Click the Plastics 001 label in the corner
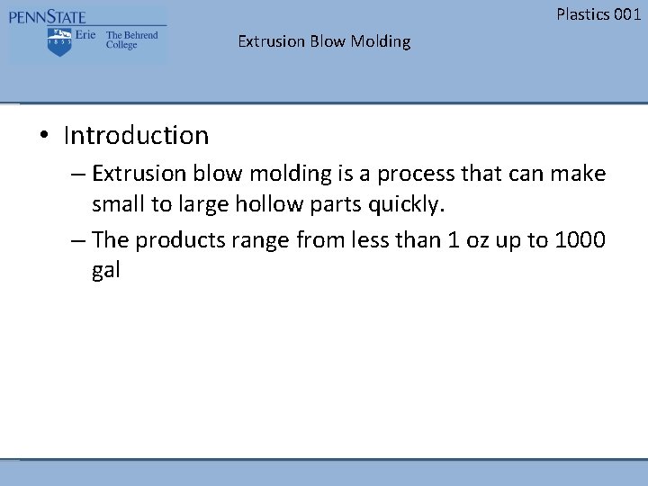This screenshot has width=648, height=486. tap(598, 13)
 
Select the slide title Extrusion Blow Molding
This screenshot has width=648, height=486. tap(324, 41)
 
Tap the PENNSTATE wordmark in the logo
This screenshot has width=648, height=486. tap(49, 16)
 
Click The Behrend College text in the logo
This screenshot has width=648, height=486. tap(131, 40)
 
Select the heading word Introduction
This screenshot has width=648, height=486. tap(136, 136)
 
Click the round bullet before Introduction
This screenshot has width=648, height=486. tap(43, 137)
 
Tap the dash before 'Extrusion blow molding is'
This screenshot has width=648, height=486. tap(77, 173)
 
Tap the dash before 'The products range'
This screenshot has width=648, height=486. tap(77, 239)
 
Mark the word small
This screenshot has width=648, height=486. tap(120, 205)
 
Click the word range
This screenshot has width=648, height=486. tap(256, 240)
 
